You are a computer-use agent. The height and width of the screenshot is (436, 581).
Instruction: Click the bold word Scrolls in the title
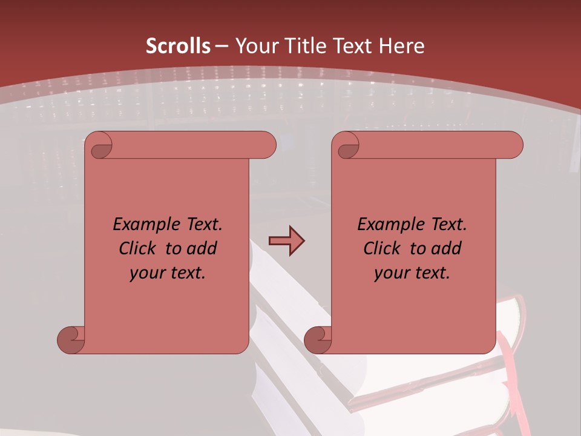pos(178,46)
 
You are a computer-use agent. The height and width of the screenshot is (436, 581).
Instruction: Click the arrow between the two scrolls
pos(286,241)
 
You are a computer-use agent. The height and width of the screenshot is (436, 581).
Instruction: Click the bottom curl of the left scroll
pos(71,340)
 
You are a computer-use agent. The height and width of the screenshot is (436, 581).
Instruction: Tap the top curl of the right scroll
pos(347,145)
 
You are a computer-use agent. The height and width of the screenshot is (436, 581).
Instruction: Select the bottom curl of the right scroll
pos(318,340)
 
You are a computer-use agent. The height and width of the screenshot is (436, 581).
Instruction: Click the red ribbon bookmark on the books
pos(508,369)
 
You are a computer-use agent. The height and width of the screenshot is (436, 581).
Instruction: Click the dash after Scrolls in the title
pos(222,47)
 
